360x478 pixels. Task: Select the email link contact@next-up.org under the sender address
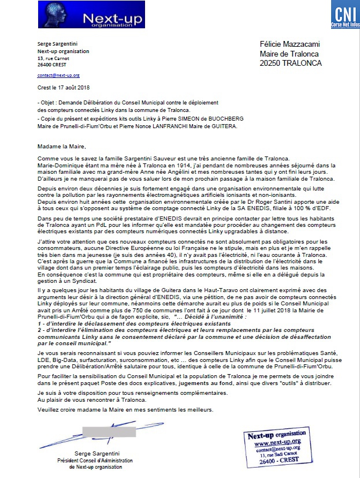tap(58, 76)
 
